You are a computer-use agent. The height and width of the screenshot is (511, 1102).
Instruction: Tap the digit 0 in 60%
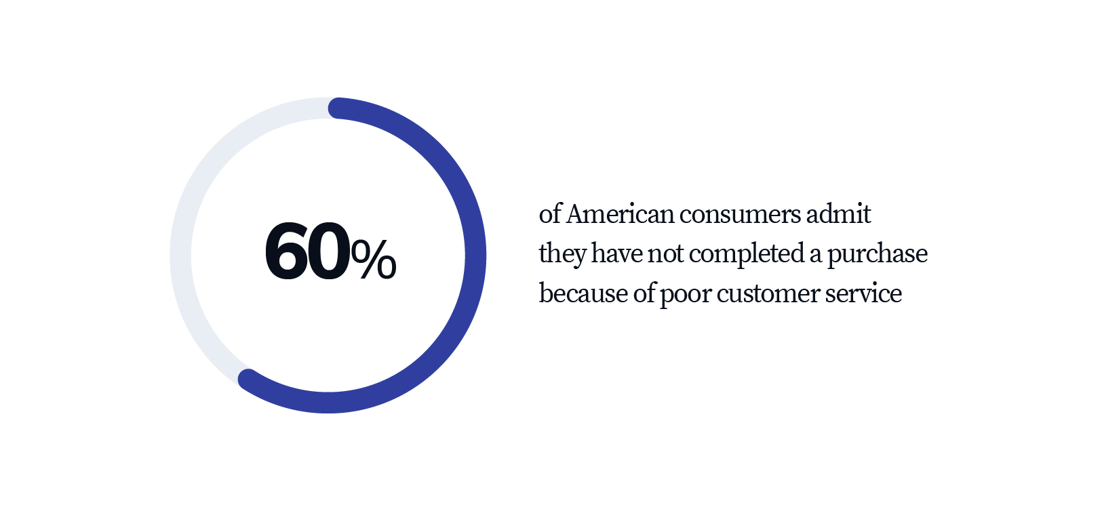tap(328, 251)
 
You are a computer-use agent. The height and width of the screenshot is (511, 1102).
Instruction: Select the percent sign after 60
tap(374, 259)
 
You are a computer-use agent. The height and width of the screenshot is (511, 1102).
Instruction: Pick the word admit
tap(838, 214)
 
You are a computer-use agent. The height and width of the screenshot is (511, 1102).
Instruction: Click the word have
tap(616, 253)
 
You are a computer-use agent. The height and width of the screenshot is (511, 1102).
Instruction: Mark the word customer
tap(768, 294)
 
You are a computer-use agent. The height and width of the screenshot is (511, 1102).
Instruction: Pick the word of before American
tap(550, 214)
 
